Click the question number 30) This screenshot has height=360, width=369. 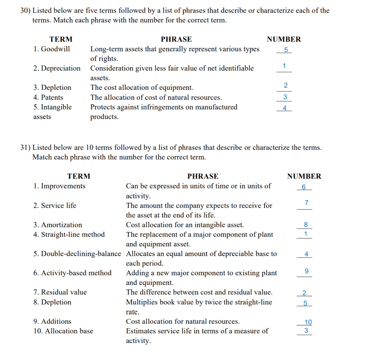[25, 11]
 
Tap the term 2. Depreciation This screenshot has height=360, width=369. [57, 68]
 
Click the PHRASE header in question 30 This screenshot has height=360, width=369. [176, 39]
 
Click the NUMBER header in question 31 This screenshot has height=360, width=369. [304, 176]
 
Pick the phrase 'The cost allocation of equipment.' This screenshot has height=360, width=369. [142, 88]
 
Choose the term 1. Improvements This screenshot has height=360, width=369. [59, 186]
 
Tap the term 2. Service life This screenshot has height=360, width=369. [55, 206]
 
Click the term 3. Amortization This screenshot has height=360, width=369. [58, 225]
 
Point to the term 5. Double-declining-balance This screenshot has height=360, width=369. [77, 254]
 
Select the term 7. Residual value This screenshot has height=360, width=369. [60, 292]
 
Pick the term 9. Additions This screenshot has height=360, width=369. [52, 321]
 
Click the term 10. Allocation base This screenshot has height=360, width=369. [63, 331]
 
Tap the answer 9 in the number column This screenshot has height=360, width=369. [306, 271]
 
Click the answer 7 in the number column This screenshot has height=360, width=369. [306, 202]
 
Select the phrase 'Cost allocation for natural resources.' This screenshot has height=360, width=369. [182, 321]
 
